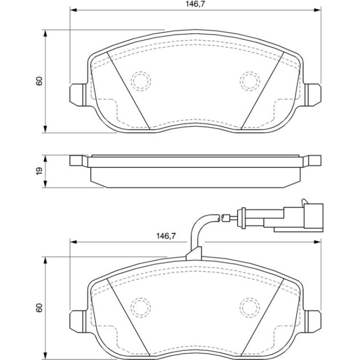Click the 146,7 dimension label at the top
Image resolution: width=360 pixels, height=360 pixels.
(194, 5)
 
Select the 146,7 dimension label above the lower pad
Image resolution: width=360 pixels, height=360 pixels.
(166, 236)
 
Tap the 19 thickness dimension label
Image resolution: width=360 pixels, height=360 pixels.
(39, 171)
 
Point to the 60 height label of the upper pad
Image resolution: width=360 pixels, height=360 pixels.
(39, 81)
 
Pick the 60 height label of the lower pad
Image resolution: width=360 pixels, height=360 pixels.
(39, 308)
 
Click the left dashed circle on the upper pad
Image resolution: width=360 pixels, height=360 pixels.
(141, 81)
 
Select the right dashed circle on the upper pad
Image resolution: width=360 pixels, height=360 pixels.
(250, 81)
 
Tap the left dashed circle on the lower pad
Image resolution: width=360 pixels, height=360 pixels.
(141, 308)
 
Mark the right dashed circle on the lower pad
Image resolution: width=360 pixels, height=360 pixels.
(250, 308)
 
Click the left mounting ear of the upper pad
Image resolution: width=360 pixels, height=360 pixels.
(78, 95)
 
